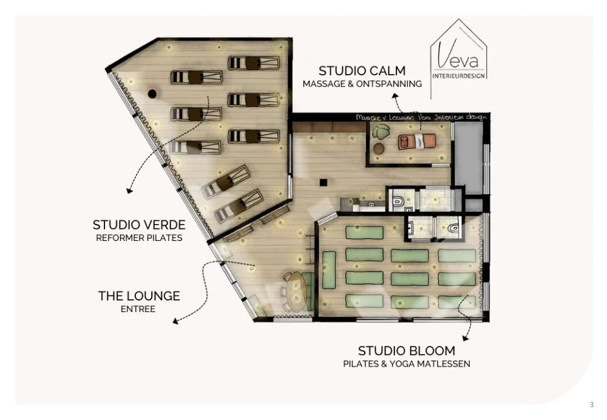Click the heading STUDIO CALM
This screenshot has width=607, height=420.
362,70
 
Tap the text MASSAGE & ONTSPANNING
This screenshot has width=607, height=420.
362,84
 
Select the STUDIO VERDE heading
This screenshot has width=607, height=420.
139,225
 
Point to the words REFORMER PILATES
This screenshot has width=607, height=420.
139,238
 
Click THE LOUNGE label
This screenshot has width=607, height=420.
139,296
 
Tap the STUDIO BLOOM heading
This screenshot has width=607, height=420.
406,351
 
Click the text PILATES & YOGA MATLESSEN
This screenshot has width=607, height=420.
406,364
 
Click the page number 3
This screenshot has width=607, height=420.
591,405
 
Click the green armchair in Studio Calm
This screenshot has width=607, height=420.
382,132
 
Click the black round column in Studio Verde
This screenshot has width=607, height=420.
152,93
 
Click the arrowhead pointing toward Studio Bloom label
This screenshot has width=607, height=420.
466,338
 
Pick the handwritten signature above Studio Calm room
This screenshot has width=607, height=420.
421,117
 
